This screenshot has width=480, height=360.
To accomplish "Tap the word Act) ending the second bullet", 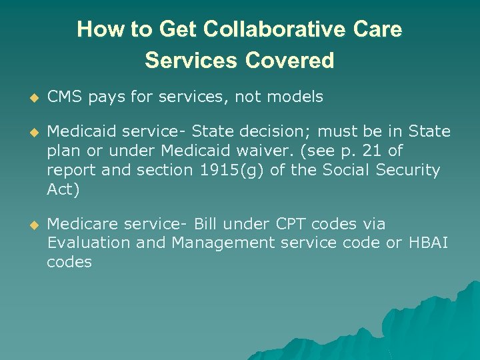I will [x=63, y=189].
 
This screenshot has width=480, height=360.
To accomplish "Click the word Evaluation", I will [x=89, y=243].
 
